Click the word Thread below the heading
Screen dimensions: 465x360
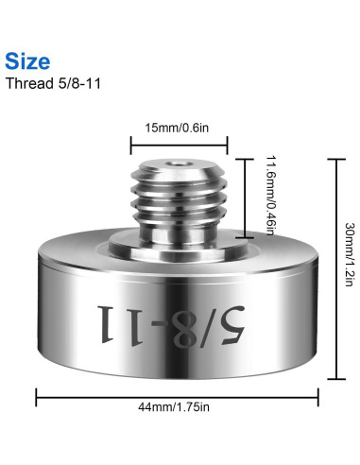click(x=26, y=83)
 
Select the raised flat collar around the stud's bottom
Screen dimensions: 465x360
click(x=179, y=248)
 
